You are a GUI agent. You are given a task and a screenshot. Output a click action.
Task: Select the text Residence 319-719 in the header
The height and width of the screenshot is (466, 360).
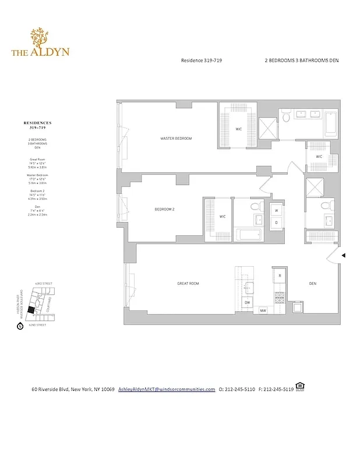201,61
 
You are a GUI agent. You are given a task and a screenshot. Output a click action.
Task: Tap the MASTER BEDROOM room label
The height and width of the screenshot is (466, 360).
176,139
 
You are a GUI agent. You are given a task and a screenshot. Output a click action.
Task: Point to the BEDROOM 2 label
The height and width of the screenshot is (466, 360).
164,209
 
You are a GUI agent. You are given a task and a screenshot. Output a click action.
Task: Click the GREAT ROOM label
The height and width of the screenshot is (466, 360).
188,284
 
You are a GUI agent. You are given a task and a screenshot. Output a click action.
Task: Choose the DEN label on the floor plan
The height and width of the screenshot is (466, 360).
312,284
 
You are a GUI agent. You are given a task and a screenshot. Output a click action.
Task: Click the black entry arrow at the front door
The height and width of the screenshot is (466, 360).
344,255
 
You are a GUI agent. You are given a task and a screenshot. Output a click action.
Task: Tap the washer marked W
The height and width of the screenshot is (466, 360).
276,210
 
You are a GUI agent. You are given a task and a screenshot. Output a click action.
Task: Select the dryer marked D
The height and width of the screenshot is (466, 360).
276,222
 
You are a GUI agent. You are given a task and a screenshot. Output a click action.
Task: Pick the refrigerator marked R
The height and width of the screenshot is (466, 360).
280,275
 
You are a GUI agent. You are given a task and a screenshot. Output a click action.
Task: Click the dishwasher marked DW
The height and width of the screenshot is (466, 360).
247,303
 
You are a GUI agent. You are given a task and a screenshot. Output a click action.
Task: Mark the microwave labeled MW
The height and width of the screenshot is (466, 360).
263,310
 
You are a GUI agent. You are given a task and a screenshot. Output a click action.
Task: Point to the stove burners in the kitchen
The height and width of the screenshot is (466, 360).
279,296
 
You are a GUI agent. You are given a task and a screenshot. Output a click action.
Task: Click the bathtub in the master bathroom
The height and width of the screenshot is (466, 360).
330,124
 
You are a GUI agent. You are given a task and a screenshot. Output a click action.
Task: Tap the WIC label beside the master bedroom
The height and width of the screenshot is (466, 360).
239,129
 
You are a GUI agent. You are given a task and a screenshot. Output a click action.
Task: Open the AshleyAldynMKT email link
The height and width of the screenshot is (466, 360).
167,389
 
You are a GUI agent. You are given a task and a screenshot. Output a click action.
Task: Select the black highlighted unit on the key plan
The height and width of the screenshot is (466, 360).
31,311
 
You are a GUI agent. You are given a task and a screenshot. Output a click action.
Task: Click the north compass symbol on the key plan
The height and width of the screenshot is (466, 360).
21,327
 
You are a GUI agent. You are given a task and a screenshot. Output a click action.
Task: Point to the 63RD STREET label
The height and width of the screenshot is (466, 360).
44,284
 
